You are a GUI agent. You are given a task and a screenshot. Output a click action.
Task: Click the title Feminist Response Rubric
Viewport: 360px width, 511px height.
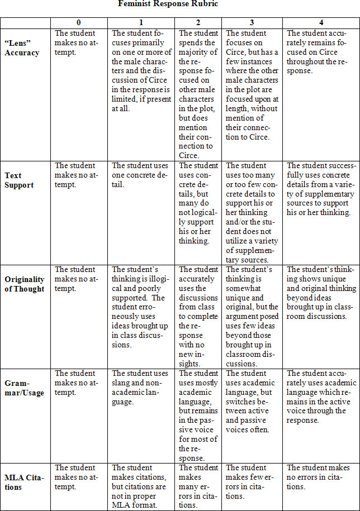pyautogui.click(x=168, y=4)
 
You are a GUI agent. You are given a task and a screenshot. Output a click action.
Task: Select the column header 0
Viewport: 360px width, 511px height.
pyautogui.click(x=78, y=22)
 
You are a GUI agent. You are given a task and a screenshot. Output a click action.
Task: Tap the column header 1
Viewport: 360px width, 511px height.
pyautogui.click(x=141, y=22)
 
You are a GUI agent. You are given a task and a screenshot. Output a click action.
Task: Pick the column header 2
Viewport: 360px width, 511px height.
pyautogui.click(x=198, y=22)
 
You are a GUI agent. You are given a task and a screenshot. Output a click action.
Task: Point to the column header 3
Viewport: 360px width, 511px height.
pyautogui.click(x=252, y=22)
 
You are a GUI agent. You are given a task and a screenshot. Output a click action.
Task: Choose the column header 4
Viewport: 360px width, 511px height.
pyautogui.click(x=320, y=22)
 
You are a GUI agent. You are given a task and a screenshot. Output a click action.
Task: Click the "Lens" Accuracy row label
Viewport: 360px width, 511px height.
pyautogui.click(x=22, y=48)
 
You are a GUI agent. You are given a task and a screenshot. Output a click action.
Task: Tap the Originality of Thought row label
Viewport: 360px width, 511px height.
pyautogui.click(x=24, y=284)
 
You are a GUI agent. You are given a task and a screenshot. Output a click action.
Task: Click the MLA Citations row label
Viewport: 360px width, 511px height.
pyautogui.click(x=22, y=482)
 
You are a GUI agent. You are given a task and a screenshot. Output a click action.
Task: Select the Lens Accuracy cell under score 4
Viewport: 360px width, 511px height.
pyautogui.click(x=320, y=52)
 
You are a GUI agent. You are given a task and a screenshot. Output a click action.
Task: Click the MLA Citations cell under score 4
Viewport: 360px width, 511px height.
pyautogui.click(x=320, y=477)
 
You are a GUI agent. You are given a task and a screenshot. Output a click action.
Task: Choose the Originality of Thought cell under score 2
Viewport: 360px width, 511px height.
pyautogui.click(x=198, y=316)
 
